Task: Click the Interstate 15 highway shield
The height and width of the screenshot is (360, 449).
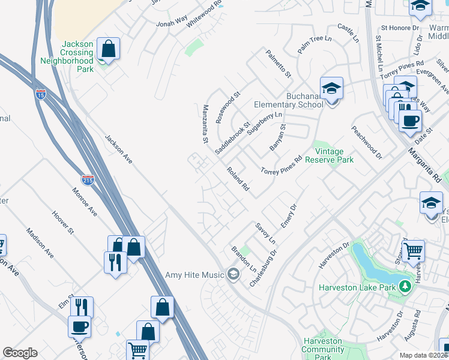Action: [x=41, y=94]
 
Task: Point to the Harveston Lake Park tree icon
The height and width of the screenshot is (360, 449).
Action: [x=406, y=287]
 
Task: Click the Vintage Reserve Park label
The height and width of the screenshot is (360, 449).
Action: [x=329, y=155]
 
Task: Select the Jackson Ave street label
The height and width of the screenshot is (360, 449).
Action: [x=118, y=149]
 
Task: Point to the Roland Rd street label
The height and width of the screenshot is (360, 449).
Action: [x=238, y=179]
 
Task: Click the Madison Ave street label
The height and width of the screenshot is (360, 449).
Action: [x=40, y=242]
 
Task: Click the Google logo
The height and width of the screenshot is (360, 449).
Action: [x=20, y=353]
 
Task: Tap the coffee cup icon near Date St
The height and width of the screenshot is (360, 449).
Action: [x=411, y=119]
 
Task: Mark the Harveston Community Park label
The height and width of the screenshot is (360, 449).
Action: [x=322, y=349]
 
